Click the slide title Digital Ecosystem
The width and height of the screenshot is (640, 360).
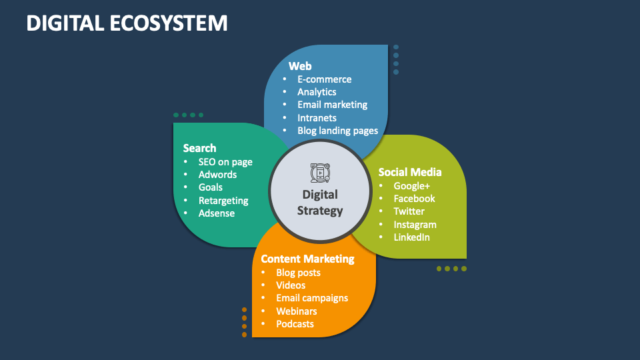tap(127, 23)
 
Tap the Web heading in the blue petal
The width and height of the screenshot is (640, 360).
tap(300, 66)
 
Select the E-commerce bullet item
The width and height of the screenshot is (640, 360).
tap(324, 79)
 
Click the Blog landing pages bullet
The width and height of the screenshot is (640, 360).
tap(337, 131)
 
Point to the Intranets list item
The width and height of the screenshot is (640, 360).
tap(317, 118)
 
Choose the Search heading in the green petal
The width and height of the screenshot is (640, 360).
tap(199, 148)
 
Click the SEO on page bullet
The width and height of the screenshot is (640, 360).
tap(225, 162)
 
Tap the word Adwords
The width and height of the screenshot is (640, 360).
tap(217, 175)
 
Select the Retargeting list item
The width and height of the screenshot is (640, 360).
tap(223, 201)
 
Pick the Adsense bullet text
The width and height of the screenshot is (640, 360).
tap(217, 213)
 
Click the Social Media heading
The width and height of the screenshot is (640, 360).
tap(410, 172)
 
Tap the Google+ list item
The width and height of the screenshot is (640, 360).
tap(412, 186)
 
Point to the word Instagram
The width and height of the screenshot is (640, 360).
tap(415, 225)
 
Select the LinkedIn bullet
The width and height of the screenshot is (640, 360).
tap(411, 237)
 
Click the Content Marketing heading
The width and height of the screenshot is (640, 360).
tap(307, 259)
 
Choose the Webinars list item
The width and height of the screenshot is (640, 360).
tap(297, 311)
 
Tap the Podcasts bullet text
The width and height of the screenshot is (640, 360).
tap(295, 324)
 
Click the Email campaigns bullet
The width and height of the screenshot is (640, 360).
tap(312, 298)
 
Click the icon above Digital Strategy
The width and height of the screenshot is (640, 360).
tap(320, 172)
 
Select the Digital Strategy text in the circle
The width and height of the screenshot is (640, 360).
tap(320, 203)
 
